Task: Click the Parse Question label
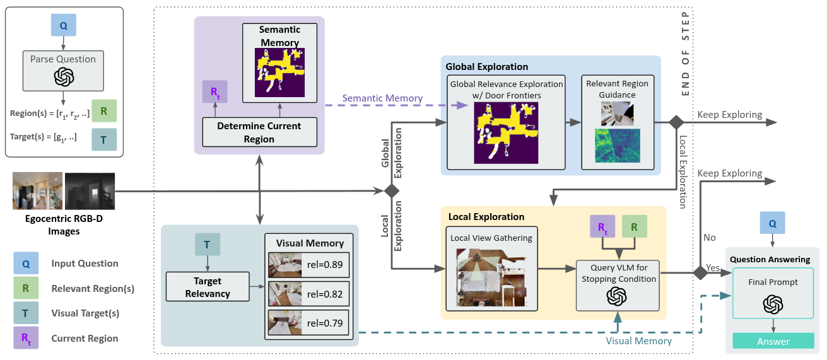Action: [x=63, y=59]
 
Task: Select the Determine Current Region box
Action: [x=259, y=132]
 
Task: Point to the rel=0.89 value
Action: [x=325, y=264]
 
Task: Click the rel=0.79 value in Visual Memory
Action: [x=325, y=323]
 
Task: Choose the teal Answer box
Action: [x=773, y=341]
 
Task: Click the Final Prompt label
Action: [x=773, y=282]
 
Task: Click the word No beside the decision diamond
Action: [x=709, y=238]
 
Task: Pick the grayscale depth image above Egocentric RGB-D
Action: [x=90, y=191]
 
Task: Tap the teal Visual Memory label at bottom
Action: [x=638, y=340]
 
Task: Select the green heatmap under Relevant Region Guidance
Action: [x=617, y=146]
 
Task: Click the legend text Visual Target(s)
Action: [x=85, y=313]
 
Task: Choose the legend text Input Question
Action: [x=85, y=264]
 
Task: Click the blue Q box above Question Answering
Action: [x=773, y=223]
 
